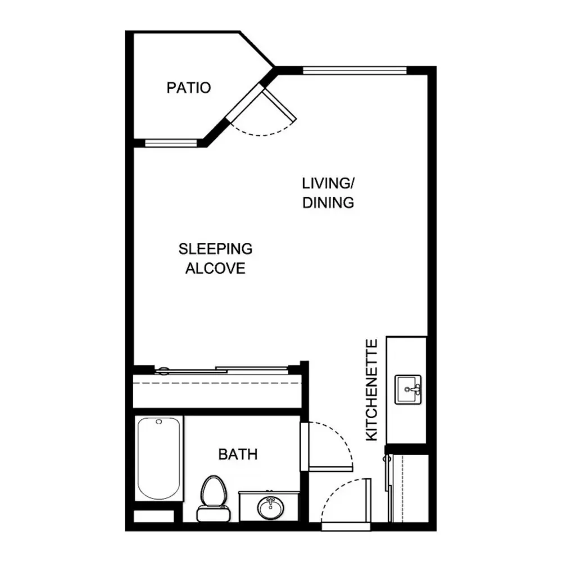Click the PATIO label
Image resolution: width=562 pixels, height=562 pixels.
coord(188,88)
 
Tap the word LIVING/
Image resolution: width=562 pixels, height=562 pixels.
coord(328,184)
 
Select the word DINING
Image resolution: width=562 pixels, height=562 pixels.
coord(328,203)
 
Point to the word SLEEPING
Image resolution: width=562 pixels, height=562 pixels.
coord(215,249)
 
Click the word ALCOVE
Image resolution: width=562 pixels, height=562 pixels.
coord(215,269)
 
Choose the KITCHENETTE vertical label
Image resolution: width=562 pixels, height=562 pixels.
coord(371,390)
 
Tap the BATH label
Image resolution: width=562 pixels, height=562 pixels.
coord(238,455)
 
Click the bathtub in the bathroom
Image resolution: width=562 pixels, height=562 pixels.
coord(159,459)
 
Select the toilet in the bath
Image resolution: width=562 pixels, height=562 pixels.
coord(214,498)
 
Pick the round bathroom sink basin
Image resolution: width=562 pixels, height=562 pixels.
coord(271,507)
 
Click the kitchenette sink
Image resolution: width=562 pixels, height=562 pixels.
coord(408,389)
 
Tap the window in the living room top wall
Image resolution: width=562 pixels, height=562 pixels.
coord(355,70)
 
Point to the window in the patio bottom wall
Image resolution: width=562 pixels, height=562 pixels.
coord(171,143)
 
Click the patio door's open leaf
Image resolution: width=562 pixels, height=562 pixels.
coord(279,105)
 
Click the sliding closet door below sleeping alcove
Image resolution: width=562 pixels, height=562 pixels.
coord(222,370)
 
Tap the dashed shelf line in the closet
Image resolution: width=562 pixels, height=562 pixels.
coord(217,383)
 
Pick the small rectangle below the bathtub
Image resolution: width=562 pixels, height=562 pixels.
coord(153,516)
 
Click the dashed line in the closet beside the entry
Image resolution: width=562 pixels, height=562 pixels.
coord(402,488)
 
